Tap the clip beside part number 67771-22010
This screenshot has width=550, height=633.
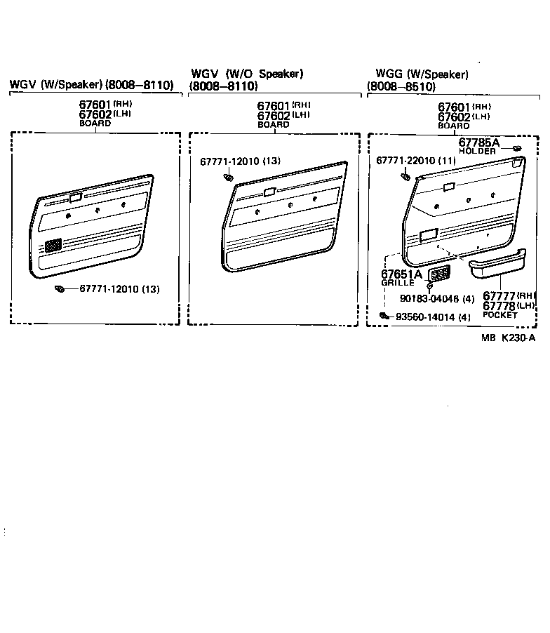tap(405, 175)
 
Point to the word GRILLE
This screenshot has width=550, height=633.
tap(398, 283)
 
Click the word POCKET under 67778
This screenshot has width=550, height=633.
tap(500, 315)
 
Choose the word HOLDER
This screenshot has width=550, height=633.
tap(477, 152)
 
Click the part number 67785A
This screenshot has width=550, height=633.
tap(479, 142)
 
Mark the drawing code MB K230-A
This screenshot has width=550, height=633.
tap(509, 338)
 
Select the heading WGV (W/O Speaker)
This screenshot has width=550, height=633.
tap(247, 74)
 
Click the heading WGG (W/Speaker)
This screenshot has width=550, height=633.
tap(422, 74)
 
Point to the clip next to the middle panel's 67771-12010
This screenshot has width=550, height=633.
tap(227, 178)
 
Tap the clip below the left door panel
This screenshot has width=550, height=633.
tap(60, 289)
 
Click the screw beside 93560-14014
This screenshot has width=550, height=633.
tap(384, 316)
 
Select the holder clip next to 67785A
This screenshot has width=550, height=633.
tap(516, 147)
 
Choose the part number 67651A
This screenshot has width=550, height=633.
tap(401, 274)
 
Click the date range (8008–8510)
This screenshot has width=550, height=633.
tap(401, 86)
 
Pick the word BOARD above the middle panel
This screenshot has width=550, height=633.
tap(273, 124)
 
